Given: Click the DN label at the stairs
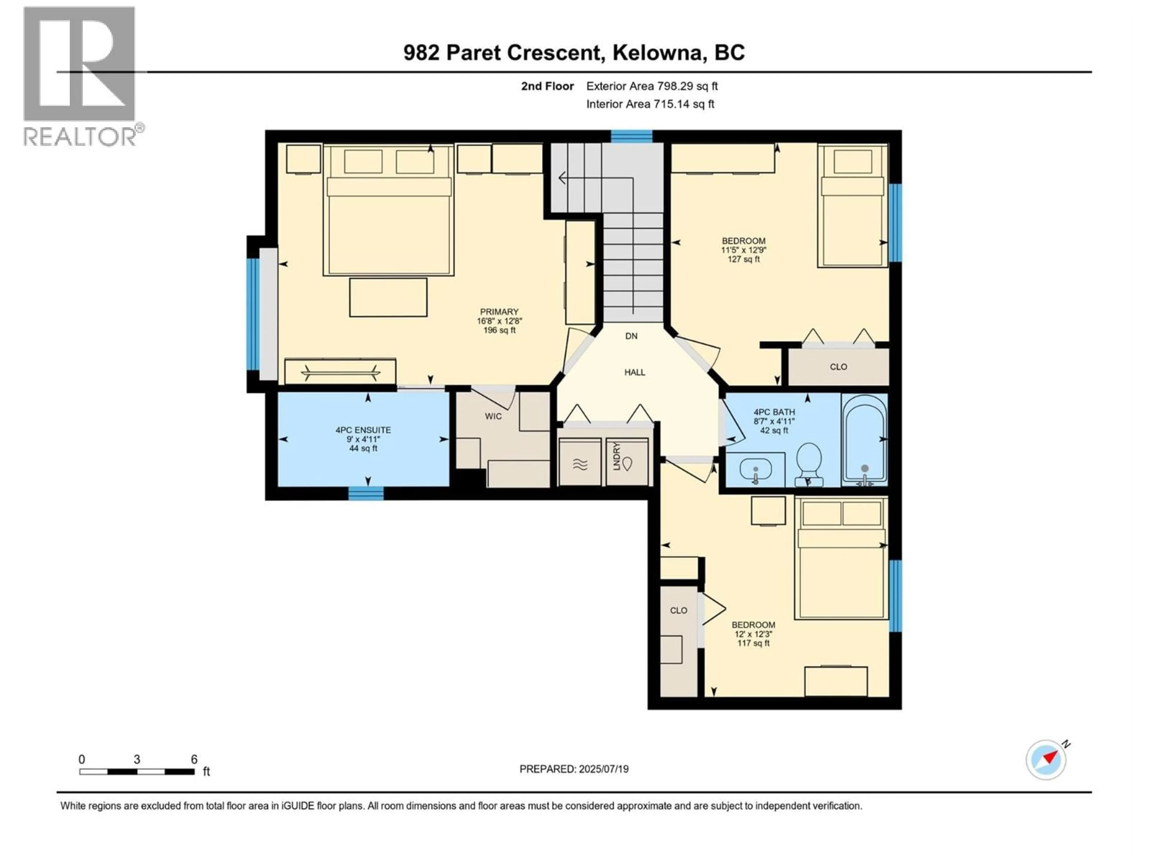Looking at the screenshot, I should (x=631, y=336).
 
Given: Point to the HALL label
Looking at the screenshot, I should (x=634, y=372).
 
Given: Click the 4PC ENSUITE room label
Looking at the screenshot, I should (x=363, y=430).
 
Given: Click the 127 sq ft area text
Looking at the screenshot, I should (x=743, y=259).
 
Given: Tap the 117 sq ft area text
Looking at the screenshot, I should (x=753, y=643).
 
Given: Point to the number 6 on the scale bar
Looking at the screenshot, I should (x=194, y=759).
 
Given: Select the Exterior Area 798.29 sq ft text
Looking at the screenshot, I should (x=652, y=86).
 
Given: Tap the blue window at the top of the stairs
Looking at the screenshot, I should (x=631, y=136).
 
